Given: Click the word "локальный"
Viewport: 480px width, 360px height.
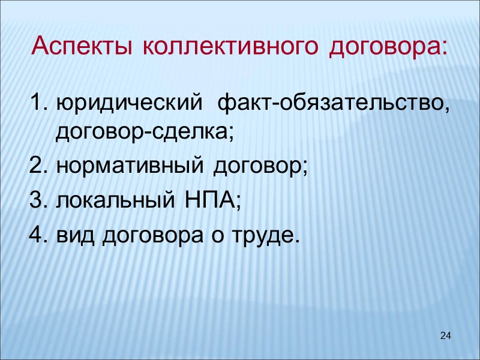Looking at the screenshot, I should tap(118, 201).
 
